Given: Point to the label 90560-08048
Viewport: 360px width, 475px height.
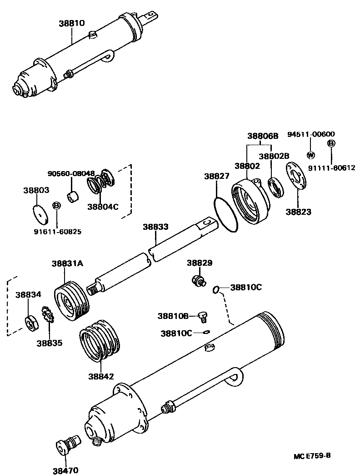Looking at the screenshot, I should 71,173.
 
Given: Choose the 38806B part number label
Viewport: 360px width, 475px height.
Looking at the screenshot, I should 262,136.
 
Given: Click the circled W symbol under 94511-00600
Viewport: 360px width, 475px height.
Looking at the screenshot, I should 311,155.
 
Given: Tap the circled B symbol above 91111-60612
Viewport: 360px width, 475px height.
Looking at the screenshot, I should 331,143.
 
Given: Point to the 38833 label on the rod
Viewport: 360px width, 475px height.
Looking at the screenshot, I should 155,226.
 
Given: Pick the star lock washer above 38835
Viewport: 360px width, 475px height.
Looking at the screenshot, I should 48,315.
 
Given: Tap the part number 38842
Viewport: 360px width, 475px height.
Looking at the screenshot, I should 101,376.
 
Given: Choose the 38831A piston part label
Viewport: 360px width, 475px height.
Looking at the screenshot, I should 67,263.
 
